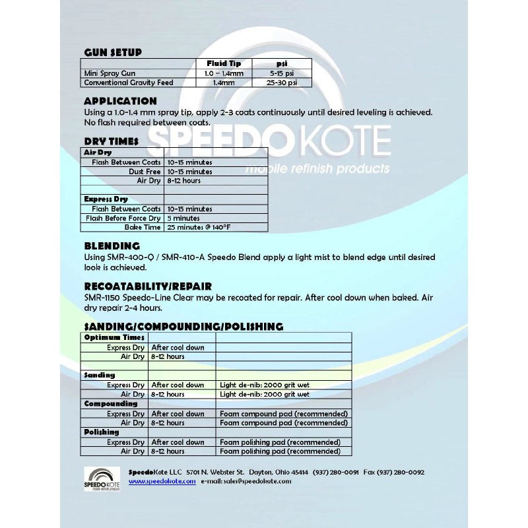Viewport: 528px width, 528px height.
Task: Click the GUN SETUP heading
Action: pos(112,53)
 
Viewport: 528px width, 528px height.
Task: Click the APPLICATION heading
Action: pos(120,101)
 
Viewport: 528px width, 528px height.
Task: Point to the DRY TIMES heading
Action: pos(111,141)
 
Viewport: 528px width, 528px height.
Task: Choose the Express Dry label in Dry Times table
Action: pos(106,199)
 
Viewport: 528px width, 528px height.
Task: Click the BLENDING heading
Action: pos(112,246)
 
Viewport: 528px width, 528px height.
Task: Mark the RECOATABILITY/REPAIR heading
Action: pos(148,286)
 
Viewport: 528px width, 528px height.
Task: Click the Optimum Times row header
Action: pos(114,337)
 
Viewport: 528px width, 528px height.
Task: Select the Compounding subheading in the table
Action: pos(111,403)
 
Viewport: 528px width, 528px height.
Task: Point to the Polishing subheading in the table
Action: pos(102,432)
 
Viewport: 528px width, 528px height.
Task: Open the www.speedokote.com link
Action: pos(162,481)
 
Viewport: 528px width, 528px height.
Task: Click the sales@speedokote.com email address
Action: pos(258,481)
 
